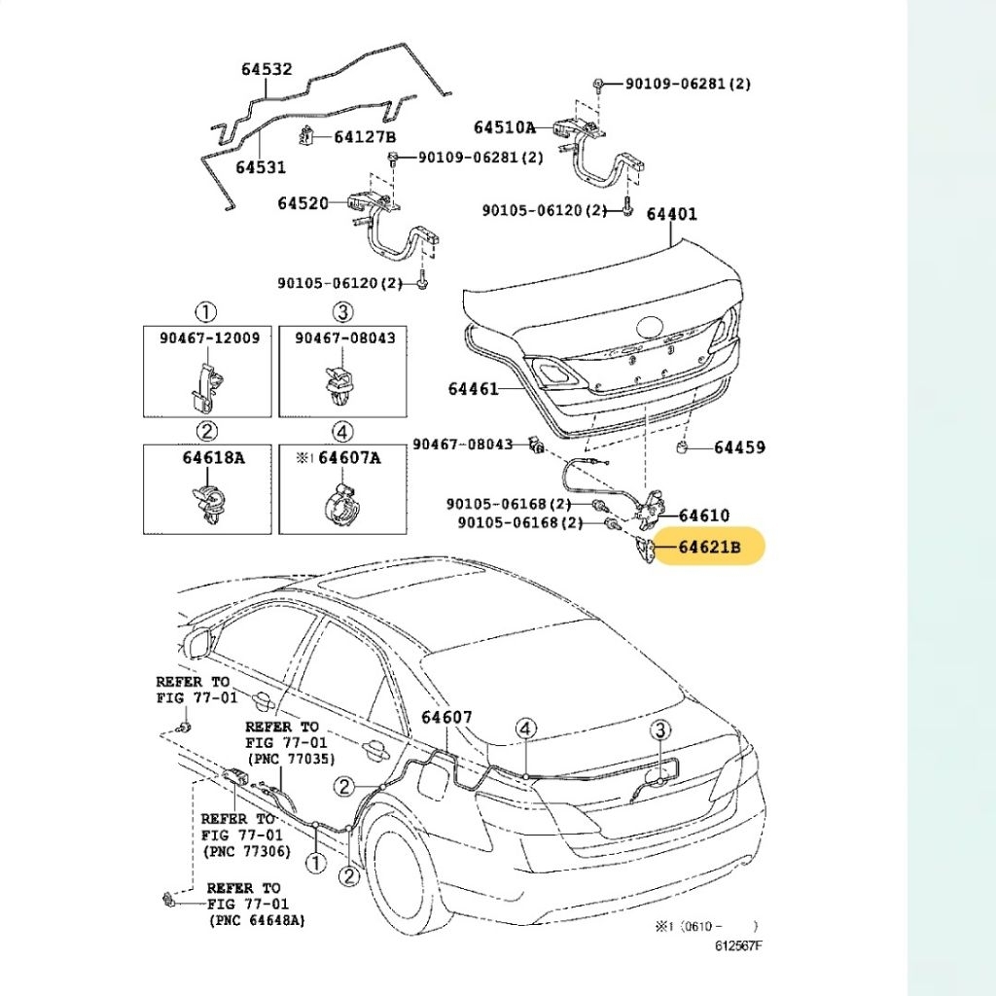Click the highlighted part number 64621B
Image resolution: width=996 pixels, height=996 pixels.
coord(709,549)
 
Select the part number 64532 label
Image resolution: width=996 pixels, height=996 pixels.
coord(267,70)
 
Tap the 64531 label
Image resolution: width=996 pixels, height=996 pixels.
coord(261,167)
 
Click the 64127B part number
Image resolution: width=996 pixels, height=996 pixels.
coord(365,137)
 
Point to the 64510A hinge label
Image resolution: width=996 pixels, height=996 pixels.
coord(505,127)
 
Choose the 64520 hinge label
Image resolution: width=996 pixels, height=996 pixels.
coord(302,203)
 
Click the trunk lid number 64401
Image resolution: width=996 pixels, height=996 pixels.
coord(672,214)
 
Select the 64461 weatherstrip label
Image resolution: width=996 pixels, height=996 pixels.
coord(473,389)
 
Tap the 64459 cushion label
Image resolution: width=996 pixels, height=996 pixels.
coord(739,447)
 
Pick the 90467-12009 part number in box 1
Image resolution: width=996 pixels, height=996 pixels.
coord(209,338)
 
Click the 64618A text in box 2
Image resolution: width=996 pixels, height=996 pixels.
coord(212,456)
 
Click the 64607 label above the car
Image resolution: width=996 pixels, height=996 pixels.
coord(446,718)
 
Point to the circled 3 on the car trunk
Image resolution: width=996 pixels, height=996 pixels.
coord(659,729)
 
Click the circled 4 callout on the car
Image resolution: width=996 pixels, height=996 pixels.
coord(525,729)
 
